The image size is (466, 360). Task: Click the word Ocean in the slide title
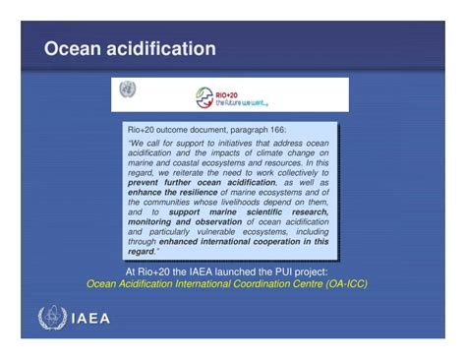click(71, 49)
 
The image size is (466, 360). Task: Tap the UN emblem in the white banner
click(127, 90)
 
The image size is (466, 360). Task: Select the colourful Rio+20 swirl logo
click(204, 96)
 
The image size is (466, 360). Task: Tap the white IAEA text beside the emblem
click(90, 319)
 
